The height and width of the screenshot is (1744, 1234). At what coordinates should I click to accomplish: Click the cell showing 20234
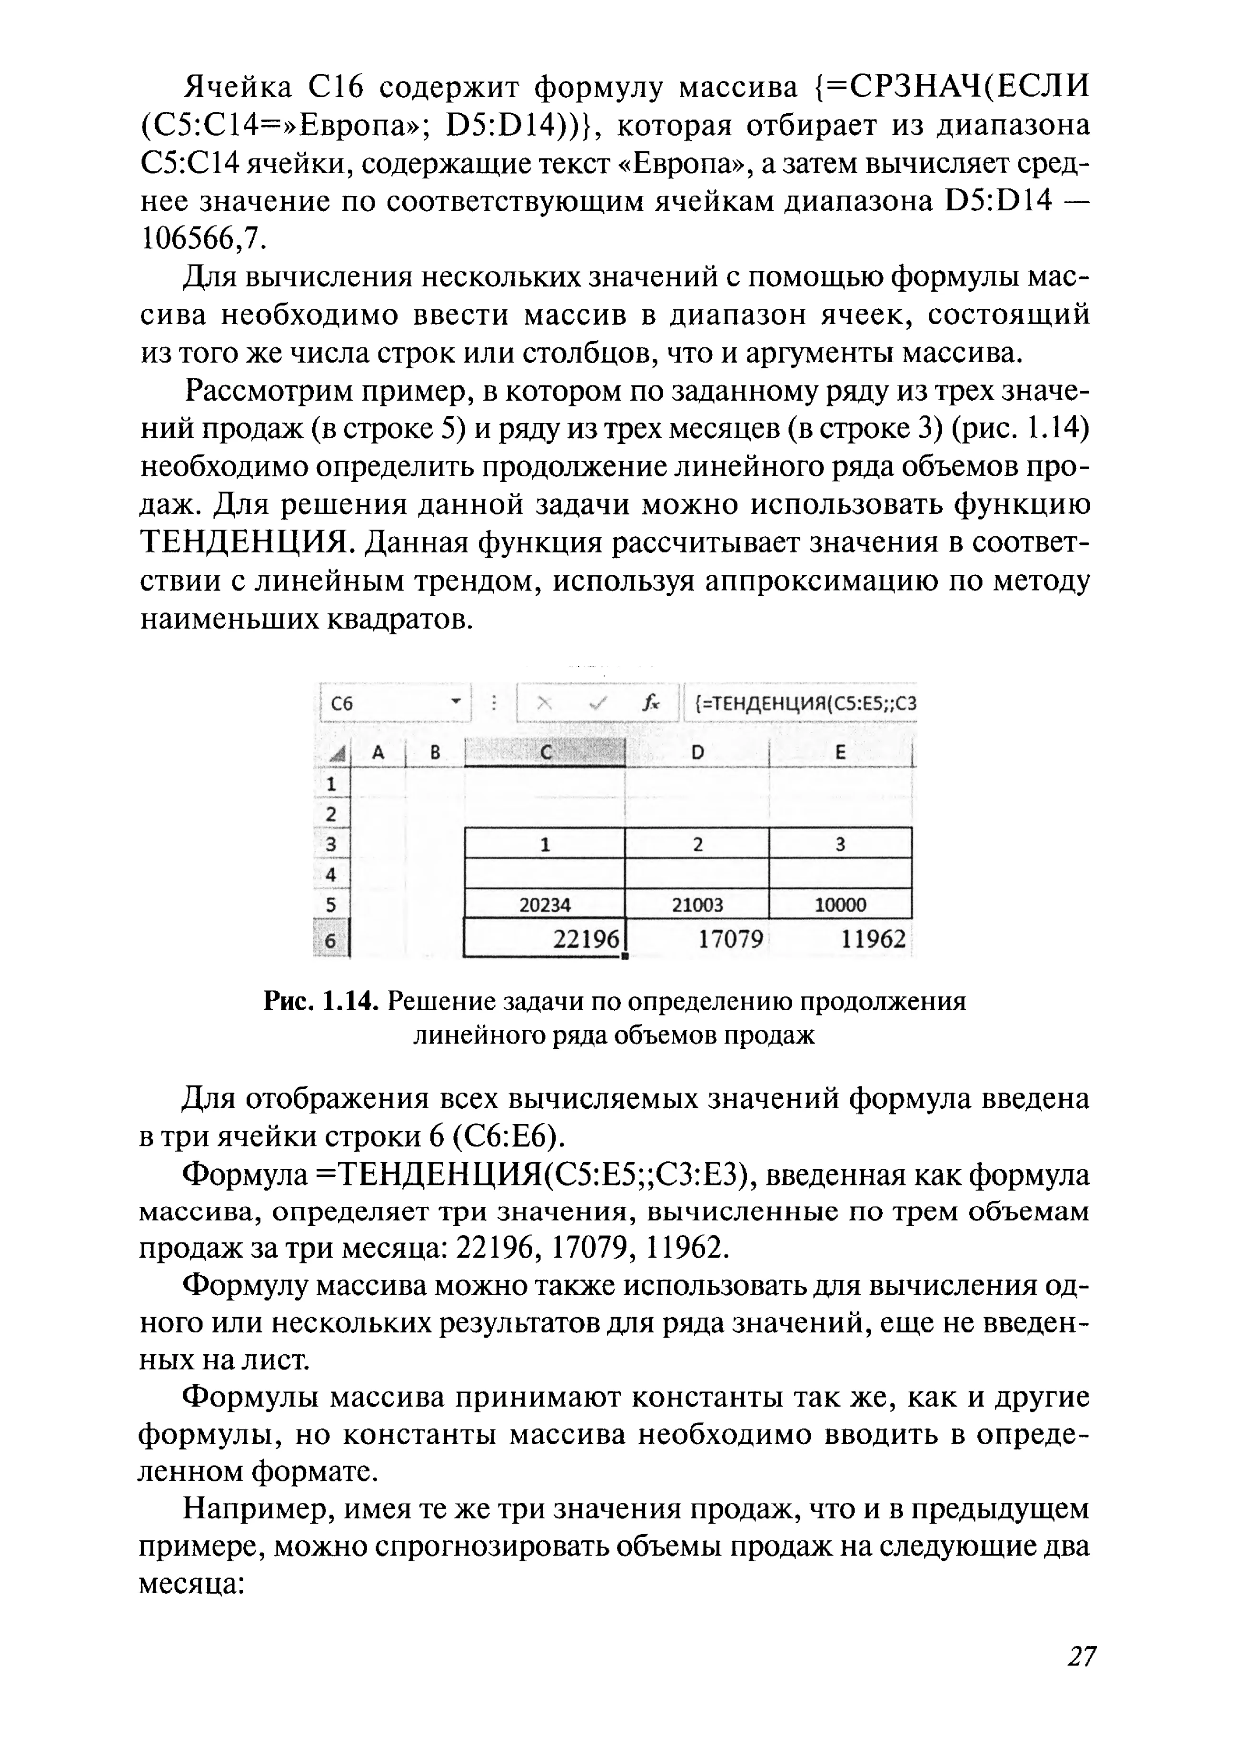point(544,905)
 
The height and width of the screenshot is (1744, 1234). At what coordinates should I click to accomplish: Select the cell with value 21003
point(697,905)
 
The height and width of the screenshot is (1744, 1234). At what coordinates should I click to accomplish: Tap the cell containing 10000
point(840,905)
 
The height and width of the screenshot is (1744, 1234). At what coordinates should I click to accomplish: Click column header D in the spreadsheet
point(697,752)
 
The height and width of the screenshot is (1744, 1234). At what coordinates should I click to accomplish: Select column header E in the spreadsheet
point(840,752)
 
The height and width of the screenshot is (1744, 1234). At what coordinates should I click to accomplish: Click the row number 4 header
point(330,874)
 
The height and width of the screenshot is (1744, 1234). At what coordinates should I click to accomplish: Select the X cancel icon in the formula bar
point(543,703)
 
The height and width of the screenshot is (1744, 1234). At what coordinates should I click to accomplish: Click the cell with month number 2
point(697,844)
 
